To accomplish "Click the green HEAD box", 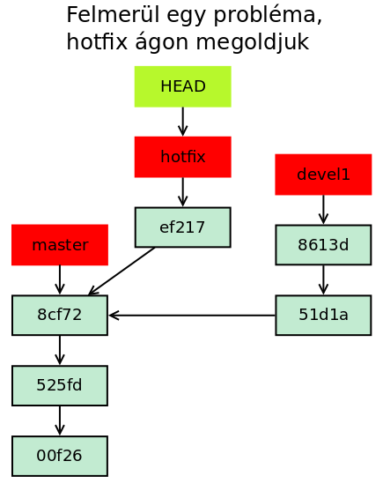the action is [x=183, y=86].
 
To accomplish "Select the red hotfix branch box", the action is [x=183, y=157].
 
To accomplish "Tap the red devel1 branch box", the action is [x=323, y=175].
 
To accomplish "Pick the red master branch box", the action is [x=60, y=245].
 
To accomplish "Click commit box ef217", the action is [x=183, y=227].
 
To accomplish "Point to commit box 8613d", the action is [x=323, y=245].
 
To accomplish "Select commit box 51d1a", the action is [x=323, y=315].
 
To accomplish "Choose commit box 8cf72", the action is [x=60, y=315].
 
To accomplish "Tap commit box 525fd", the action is [x=60, y=385].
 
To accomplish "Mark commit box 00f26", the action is [x=60, y=456].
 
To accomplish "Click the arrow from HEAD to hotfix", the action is [x=183, y=122].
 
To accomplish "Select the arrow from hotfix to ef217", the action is [x=183, y=192].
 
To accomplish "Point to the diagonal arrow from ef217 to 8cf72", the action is [x=122, y=272].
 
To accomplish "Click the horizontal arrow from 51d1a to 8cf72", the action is [x=192, y=315].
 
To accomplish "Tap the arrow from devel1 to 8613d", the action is [x=323, y=210].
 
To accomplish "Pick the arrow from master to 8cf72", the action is [x=60, y=280].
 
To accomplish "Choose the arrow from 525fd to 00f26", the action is [x=60, y=420].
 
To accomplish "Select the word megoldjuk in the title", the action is [x=253, y=42].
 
